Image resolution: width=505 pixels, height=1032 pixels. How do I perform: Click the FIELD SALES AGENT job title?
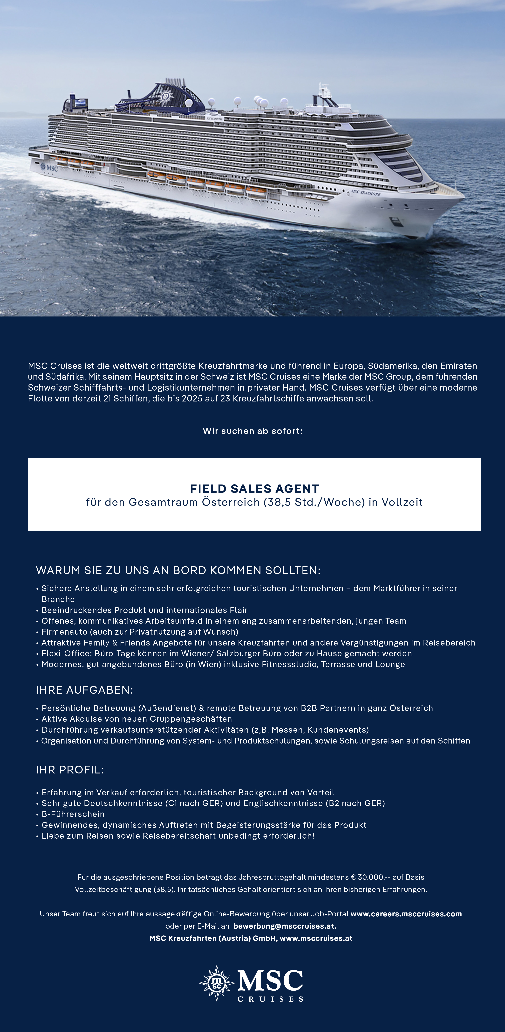click(254, 489)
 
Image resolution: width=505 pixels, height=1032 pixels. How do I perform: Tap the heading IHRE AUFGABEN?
click(84, 690)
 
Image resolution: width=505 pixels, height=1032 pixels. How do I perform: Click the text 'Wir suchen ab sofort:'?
click(252, 431)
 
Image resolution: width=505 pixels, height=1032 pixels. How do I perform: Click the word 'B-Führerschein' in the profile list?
click(73, 814)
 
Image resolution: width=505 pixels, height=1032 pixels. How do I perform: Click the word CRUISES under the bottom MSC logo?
click(270, 999)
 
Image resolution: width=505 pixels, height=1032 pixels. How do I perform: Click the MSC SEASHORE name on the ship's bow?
click(366, 193)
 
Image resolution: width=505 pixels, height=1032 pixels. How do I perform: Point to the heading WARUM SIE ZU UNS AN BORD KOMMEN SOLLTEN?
click(178, 570)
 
